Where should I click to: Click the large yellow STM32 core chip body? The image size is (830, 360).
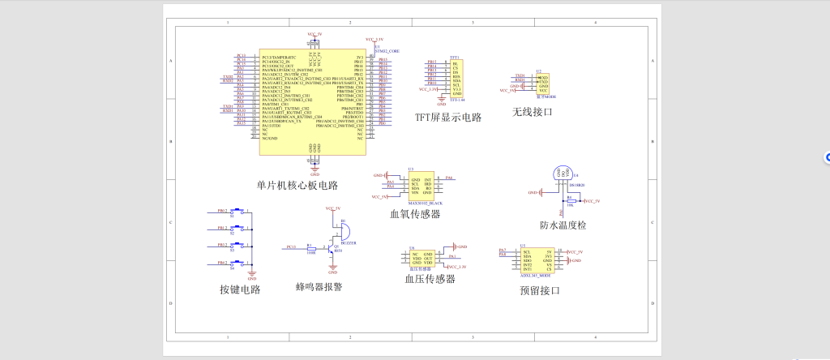[x=312, y=101]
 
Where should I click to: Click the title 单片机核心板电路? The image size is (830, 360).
[x=297, y=185]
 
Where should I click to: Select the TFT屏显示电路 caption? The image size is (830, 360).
[x=448, y=117]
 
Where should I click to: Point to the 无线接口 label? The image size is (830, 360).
[x=532, y=112]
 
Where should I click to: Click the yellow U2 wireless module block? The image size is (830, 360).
[x=542, y=84]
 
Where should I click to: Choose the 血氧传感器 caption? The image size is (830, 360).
[x=415, y=214]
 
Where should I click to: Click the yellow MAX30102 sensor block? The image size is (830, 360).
[x=421, y=186]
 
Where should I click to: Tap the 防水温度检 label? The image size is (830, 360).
[x=563, y=225]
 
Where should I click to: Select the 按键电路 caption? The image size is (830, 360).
[x=239, y=289]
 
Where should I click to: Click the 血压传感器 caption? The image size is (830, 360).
[x=430, y=279]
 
